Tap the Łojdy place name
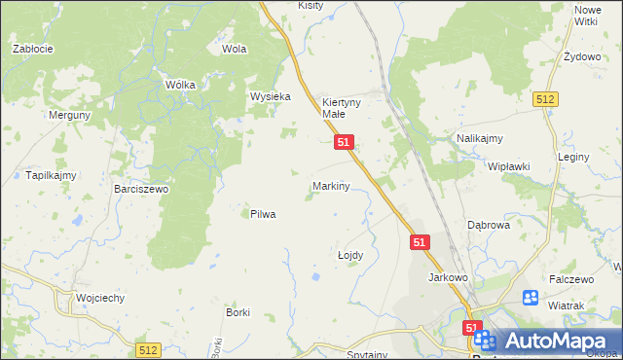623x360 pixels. [349, 255]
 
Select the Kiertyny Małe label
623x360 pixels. [341, 107]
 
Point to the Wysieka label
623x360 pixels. [271, 96]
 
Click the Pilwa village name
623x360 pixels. [263, 214]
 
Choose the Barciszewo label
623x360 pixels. [141, 189]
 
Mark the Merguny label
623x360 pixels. [70, 115]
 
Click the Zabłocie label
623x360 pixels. [32, 48]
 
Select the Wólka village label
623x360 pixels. [181, 85]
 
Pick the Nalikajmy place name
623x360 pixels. [479, 139]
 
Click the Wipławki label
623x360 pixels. [508, 166]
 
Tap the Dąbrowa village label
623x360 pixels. [489, 224]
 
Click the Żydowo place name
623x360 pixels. [582, 56]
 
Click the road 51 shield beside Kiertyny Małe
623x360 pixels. [344, 142]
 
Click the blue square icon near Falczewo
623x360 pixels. [531, 298]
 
